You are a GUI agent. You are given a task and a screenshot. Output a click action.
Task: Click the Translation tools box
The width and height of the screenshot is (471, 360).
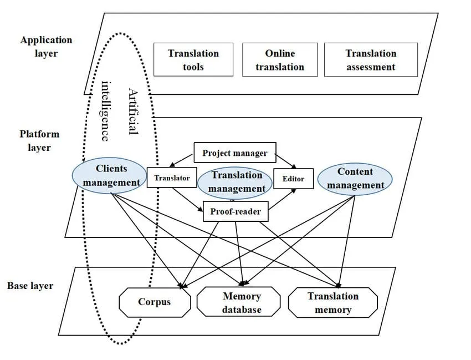point(193,60)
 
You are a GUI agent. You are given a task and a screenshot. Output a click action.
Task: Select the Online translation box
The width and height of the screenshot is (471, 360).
point(280,60)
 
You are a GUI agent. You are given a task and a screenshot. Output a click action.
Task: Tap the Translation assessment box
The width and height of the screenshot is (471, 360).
point(371,60)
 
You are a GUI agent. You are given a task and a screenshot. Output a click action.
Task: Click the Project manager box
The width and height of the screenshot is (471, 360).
point(234,153)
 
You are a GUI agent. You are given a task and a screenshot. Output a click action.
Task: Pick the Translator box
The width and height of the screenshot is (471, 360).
point(172,178)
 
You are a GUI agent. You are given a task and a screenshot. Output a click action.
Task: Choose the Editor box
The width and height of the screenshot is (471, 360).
point(293,179)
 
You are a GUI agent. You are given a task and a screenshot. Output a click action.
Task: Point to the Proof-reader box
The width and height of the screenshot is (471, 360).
point(235,211)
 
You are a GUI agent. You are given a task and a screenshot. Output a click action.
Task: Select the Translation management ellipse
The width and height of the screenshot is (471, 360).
point(236,181)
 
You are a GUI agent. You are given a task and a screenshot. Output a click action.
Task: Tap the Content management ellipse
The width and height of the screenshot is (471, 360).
point(355,178)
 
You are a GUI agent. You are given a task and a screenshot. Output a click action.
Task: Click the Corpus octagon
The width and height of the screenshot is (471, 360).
point(155,302)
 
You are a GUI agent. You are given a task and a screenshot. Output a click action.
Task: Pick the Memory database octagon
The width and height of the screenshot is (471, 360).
point(241,303)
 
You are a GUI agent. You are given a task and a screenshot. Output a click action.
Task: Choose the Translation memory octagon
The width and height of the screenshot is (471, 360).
point(332,303)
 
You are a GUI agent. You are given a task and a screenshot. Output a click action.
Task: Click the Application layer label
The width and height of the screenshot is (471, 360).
point(46,47)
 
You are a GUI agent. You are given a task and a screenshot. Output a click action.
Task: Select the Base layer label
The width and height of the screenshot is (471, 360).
point(30,286)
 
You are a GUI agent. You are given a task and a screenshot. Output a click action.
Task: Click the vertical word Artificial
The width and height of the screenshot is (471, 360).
point(132,111)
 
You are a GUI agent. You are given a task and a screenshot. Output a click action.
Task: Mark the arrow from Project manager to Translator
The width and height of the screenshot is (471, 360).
point(182,159)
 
